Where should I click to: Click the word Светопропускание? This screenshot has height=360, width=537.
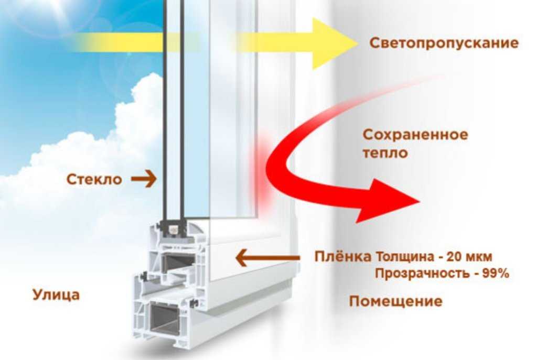(x=444, y=43)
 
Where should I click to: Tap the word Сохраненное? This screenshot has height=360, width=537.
(x=415, y=135)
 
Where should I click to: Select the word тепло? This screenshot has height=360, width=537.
(x=385, y=153)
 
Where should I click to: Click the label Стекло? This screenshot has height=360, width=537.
(x=94, y=179)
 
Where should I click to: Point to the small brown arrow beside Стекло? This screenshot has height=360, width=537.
(x=144, y=179)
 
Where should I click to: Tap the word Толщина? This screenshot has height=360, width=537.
(x=404, y=257)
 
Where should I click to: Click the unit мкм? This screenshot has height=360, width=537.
(x=478, y=257)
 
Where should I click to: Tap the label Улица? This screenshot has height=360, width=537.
(x=56, y=295)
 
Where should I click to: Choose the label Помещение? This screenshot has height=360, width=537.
(x=395, y=301)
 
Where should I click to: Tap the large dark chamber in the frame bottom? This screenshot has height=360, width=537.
(x=164, y=317)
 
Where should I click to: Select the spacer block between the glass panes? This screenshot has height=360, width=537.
(x=173, y=228)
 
